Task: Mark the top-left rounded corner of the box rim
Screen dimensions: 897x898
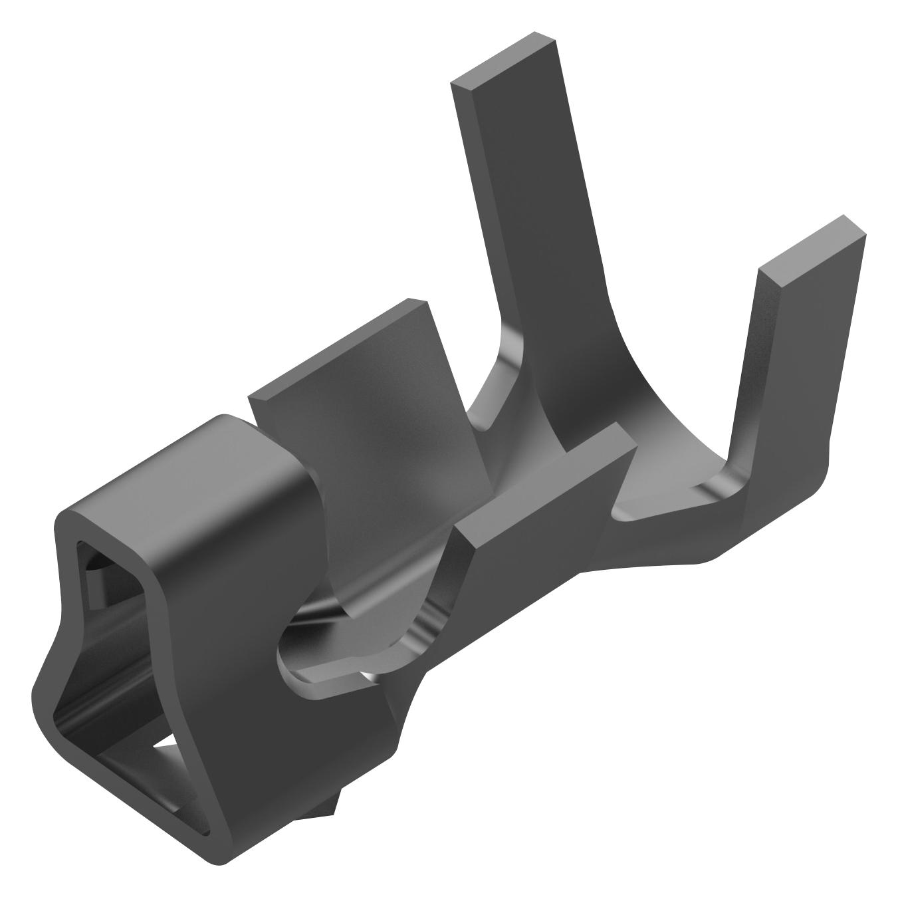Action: [x=66, y=522]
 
